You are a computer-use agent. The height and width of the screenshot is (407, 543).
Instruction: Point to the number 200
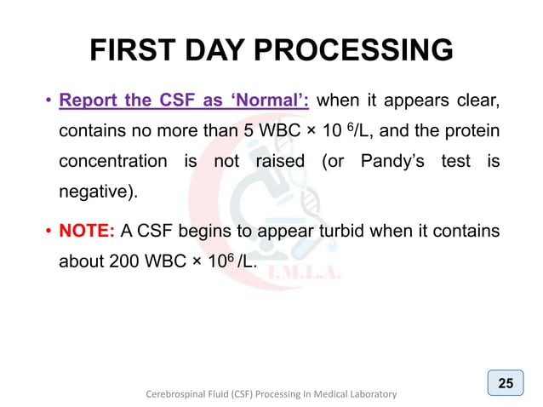126,261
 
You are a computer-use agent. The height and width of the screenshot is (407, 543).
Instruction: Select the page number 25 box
505,383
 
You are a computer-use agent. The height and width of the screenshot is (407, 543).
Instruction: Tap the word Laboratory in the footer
368,394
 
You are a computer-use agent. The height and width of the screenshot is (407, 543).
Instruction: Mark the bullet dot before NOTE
49,232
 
